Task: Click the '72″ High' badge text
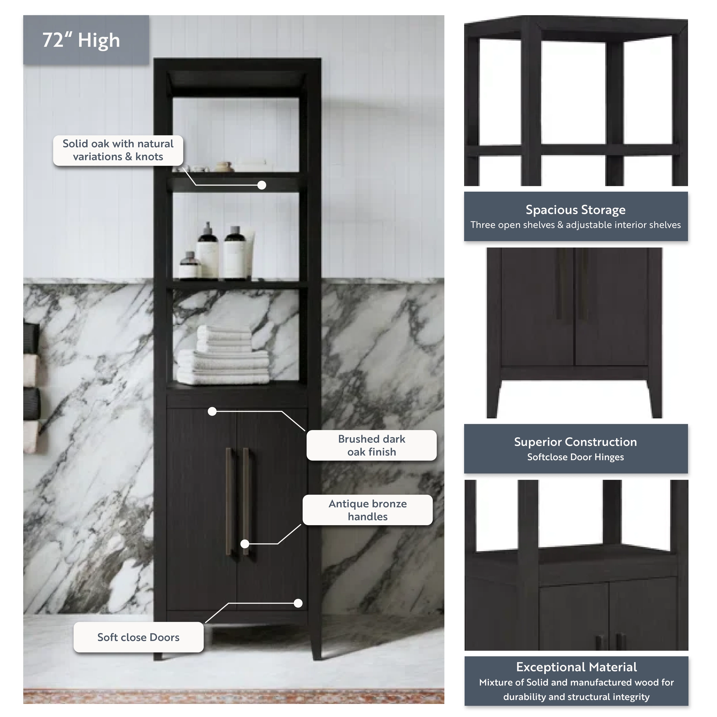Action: (x=81, y=40)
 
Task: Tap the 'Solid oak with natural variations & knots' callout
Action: (x=118, y=150)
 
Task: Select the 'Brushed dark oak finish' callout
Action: (x=372, y=445)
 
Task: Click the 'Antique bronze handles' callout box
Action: (x=367, y=510)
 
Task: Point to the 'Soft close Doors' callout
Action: (x=138, y=637)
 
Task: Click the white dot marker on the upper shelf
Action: (x=262, y=185)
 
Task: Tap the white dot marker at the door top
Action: (x=212, y=411)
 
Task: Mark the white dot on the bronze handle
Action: (x=245, y=544)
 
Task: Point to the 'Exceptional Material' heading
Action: (x=576, y=667)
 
